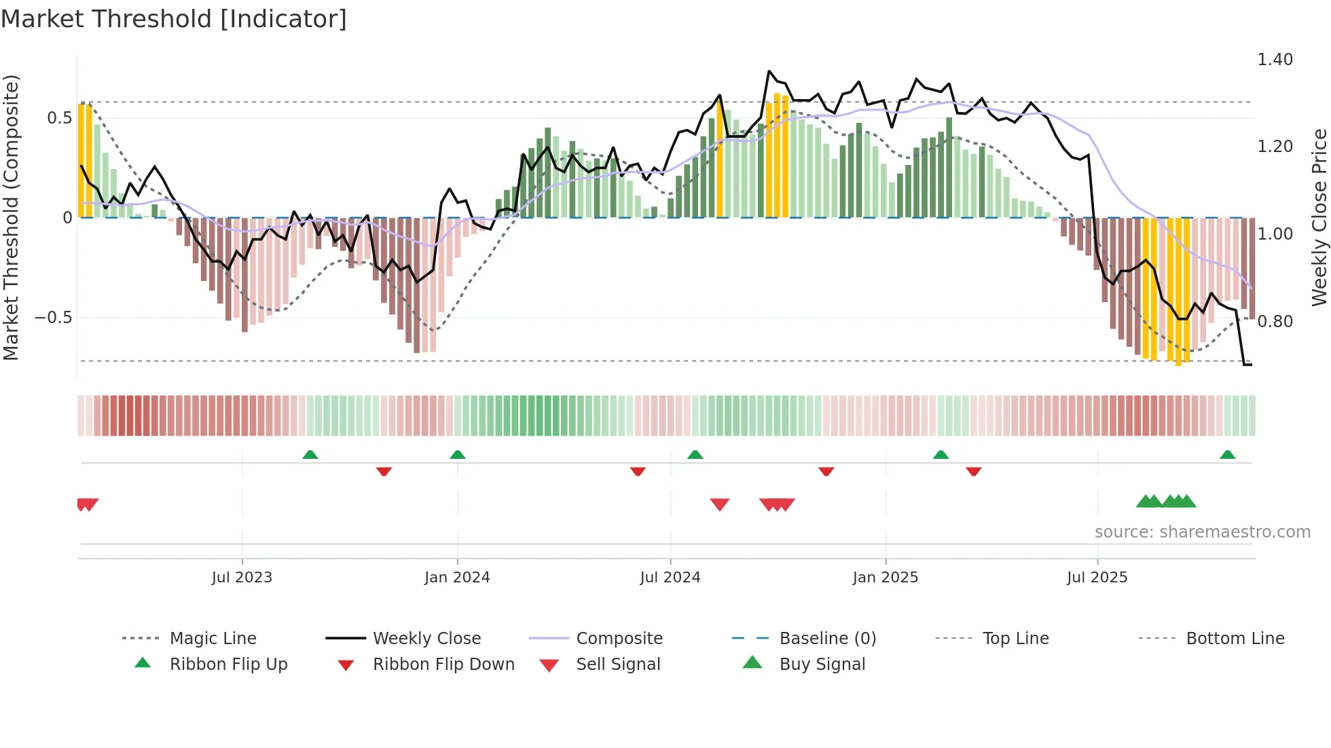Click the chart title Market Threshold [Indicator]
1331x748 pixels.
tap(174, 19)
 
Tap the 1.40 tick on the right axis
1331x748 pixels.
tap(1275, 60)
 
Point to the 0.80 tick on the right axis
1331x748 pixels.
tap(1275, 321)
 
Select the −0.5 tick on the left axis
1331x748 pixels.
tap(53, 318)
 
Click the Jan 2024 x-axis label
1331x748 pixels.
tap(457, 578)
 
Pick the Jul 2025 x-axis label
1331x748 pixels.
tap(1097, 578)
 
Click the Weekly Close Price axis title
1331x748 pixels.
tap(1318, 217)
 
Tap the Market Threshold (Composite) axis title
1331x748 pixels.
tap(11, 217)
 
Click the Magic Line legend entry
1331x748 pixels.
tap(213, 639)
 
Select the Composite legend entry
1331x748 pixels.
tap(619, 639)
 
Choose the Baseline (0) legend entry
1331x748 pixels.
tap(827, 639)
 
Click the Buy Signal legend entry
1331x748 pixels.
tap(822, 665)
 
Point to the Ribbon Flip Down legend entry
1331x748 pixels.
tap(443, 665)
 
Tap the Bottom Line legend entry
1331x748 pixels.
tap(1235, 639)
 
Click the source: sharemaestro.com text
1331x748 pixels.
tap(1202, 532)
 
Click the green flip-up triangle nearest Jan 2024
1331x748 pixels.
tap(458, 455)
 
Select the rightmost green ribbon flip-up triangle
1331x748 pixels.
tap(1227, 455)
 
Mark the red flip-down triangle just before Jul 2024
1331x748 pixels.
tap(638, 471)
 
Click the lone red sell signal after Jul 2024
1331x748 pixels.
tap(720, 504)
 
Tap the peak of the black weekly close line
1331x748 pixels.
tap(769, 71)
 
